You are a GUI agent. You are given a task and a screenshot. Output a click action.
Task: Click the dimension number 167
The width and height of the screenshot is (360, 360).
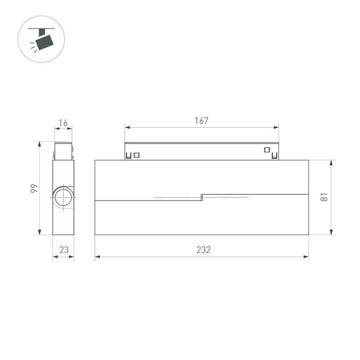coord(201,120)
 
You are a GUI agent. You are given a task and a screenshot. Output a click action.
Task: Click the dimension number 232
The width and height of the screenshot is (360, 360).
coord(203,249)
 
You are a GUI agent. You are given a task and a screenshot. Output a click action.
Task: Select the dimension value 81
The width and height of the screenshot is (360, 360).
coord(324,197)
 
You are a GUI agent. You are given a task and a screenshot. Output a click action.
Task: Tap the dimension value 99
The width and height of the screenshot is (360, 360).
coord(33,188)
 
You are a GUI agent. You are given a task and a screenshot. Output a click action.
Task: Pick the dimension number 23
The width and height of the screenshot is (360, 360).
coord(63,249)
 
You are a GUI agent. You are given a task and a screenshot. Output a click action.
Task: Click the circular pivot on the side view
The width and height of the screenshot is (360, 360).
coord(63,197)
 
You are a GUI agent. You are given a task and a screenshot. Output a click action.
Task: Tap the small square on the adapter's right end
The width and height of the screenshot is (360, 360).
coord(266,149)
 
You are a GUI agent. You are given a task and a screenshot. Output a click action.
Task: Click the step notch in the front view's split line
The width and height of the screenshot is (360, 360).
coord(201,197)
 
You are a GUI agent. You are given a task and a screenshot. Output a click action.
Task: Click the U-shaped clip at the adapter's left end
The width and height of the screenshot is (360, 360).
coord(129,155)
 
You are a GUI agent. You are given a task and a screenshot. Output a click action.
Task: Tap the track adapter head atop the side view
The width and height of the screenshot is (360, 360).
coord(63,151)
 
